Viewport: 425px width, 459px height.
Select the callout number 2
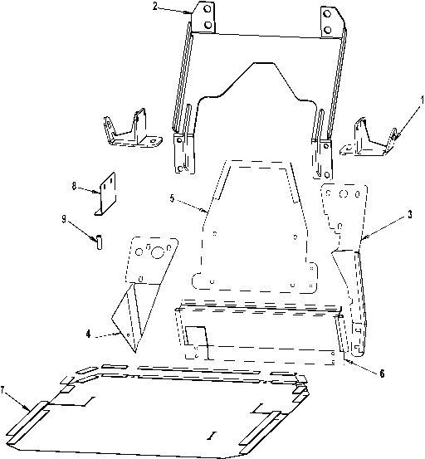155,7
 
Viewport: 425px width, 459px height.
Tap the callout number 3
410,214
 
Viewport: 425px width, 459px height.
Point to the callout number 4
88,334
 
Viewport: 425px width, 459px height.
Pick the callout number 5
172,198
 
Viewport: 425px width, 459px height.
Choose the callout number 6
382,374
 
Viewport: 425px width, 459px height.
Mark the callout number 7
2,390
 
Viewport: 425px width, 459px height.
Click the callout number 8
74,186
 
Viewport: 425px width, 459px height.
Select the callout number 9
64,220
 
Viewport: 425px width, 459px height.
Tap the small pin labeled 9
99,242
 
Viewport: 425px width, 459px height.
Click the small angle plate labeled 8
105,195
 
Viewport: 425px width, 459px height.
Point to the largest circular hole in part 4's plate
158,252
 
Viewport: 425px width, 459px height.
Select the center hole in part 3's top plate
344,193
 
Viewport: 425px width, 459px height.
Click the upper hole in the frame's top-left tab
208,9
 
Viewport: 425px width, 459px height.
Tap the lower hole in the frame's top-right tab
328,30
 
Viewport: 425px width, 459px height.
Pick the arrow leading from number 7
17,400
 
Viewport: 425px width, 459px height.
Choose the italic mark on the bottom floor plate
209,437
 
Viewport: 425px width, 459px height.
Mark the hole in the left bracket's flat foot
152,141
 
